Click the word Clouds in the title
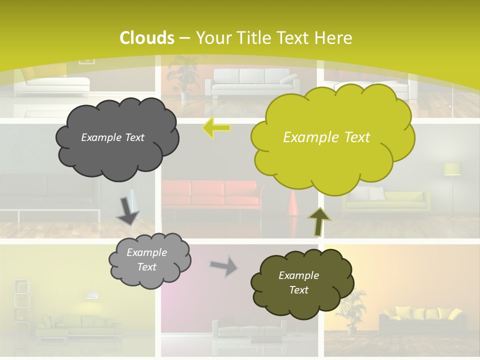click(x=147, y=38)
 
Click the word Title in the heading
click(x=253, y=38)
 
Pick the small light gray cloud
click(x=149, y=260)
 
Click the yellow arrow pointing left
click(x=216, y=127)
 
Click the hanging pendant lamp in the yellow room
click(x=91, y=294)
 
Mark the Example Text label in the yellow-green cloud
click(x=326, y=137)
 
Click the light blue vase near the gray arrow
click(x=131, y=198)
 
